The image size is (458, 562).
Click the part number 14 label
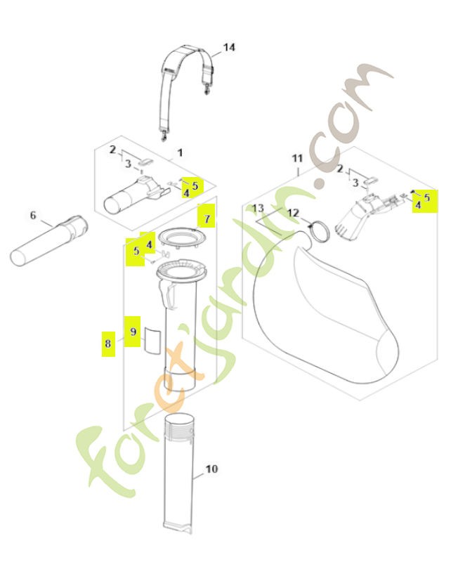point(229,47)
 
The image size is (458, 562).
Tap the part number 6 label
point(32,215)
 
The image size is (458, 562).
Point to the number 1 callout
point(180,152)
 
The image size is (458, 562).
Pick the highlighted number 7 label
point(207,218)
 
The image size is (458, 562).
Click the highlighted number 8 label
point(107,344)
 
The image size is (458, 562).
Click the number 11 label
point(296,159)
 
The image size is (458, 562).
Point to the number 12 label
point(293,213)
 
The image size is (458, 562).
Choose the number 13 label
point(258,208)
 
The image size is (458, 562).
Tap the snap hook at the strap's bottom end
point(166,135)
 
